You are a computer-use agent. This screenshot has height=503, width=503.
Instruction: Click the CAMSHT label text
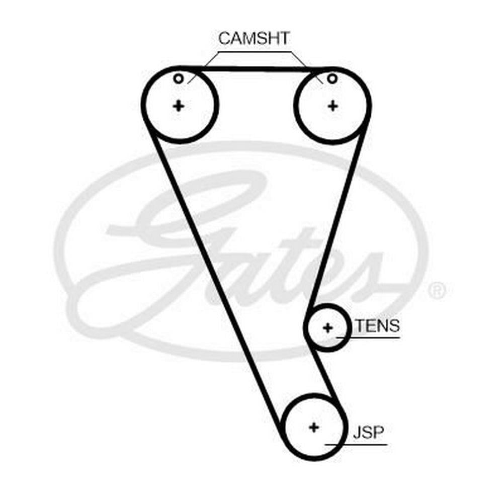254,38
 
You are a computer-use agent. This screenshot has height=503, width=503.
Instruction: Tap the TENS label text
378,325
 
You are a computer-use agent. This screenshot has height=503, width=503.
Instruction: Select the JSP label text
368,433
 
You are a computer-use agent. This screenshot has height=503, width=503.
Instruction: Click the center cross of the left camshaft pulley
179,106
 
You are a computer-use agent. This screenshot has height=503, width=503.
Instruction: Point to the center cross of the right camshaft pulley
333,106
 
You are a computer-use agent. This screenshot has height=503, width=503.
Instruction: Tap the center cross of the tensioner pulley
328,328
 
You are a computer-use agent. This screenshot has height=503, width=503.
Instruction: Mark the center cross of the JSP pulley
314,427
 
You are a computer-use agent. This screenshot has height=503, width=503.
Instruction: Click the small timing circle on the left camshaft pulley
179,78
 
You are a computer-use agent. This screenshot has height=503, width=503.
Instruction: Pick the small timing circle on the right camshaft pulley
332,78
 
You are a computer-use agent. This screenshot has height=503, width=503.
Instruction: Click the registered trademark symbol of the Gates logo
437,290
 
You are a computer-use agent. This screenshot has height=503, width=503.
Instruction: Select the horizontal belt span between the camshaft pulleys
256,68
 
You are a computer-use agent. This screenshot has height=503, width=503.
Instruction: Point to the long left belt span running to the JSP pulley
214,282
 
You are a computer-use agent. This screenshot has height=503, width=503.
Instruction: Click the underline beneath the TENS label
368,338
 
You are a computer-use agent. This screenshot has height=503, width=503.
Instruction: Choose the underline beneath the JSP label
357,445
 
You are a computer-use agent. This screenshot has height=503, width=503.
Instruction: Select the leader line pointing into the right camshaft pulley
307,67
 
